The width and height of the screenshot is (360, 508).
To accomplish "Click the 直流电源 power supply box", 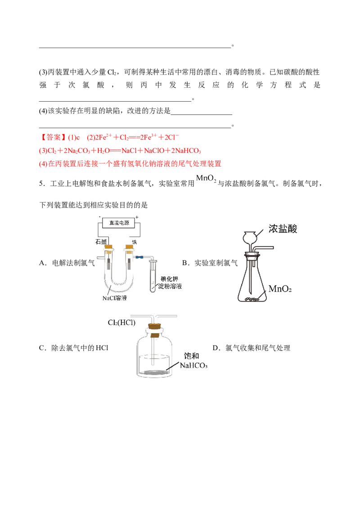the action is point(119,223).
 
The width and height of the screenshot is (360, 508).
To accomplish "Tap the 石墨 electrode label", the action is point(101,242).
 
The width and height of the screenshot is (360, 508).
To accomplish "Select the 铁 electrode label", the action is point(135,242).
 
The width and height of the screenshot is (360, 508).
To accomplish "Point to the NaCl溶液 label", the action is point(114,298).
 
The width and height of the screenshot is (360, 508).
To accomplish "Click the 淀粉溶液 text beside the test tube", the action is point(170,287).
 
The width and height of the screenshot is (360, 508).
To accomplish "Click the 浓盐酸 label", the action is point(283,229).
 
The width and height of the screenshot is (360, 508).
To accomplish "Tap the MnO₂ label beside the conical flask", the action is point(280,289).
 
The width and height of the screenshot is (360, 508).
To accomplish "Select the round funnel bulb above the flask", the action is point(250,237).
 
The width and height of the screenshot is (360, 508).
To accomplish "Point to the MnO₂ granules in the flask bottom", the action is point(252,299).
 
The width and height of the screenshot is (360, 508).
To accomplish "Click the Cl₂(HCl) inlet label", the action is point(121,323).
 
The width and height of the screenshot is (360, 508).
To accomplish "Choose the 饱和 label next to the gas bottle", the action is point(192,356).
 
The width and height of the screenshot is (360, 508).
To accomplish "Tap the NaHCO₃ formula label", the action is point(194,365).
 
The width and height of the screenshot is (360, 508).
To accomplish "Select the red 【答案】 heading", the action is point(51,137).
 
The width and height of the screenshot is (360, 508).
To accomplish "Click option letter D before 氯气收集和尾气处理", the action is point(216,348).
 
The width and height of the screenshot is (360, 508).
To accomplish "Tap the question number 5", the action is point(41,184).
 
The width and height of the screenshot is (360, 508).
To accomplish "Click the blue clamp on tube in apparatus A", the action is point(139,257).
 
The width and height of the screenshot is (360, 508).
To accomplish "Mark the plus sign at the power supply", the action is point(137,217).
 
